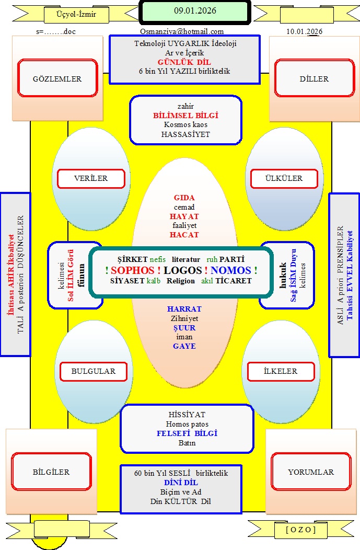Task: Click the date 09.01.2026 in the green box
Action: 195,10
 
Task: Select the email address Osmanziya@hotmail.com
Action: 182,31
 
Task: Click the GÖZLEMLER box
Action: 57,78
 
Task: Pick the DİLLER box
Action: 315,78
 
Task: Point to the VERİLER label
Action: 90,178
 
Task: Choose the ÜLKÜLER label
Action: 284,178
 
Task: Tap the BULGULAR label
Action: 93,371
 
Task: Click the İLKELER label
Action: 281,371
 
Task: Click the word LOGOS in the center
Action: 182,270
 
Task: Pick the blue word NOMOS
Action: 231,270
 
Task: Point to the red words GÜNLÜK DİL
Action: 184,62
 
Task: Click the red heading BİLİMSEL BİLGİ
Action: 185,116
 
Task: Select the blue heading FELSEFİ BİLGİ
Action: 187,433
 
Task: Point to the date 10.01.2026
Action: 304,31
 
